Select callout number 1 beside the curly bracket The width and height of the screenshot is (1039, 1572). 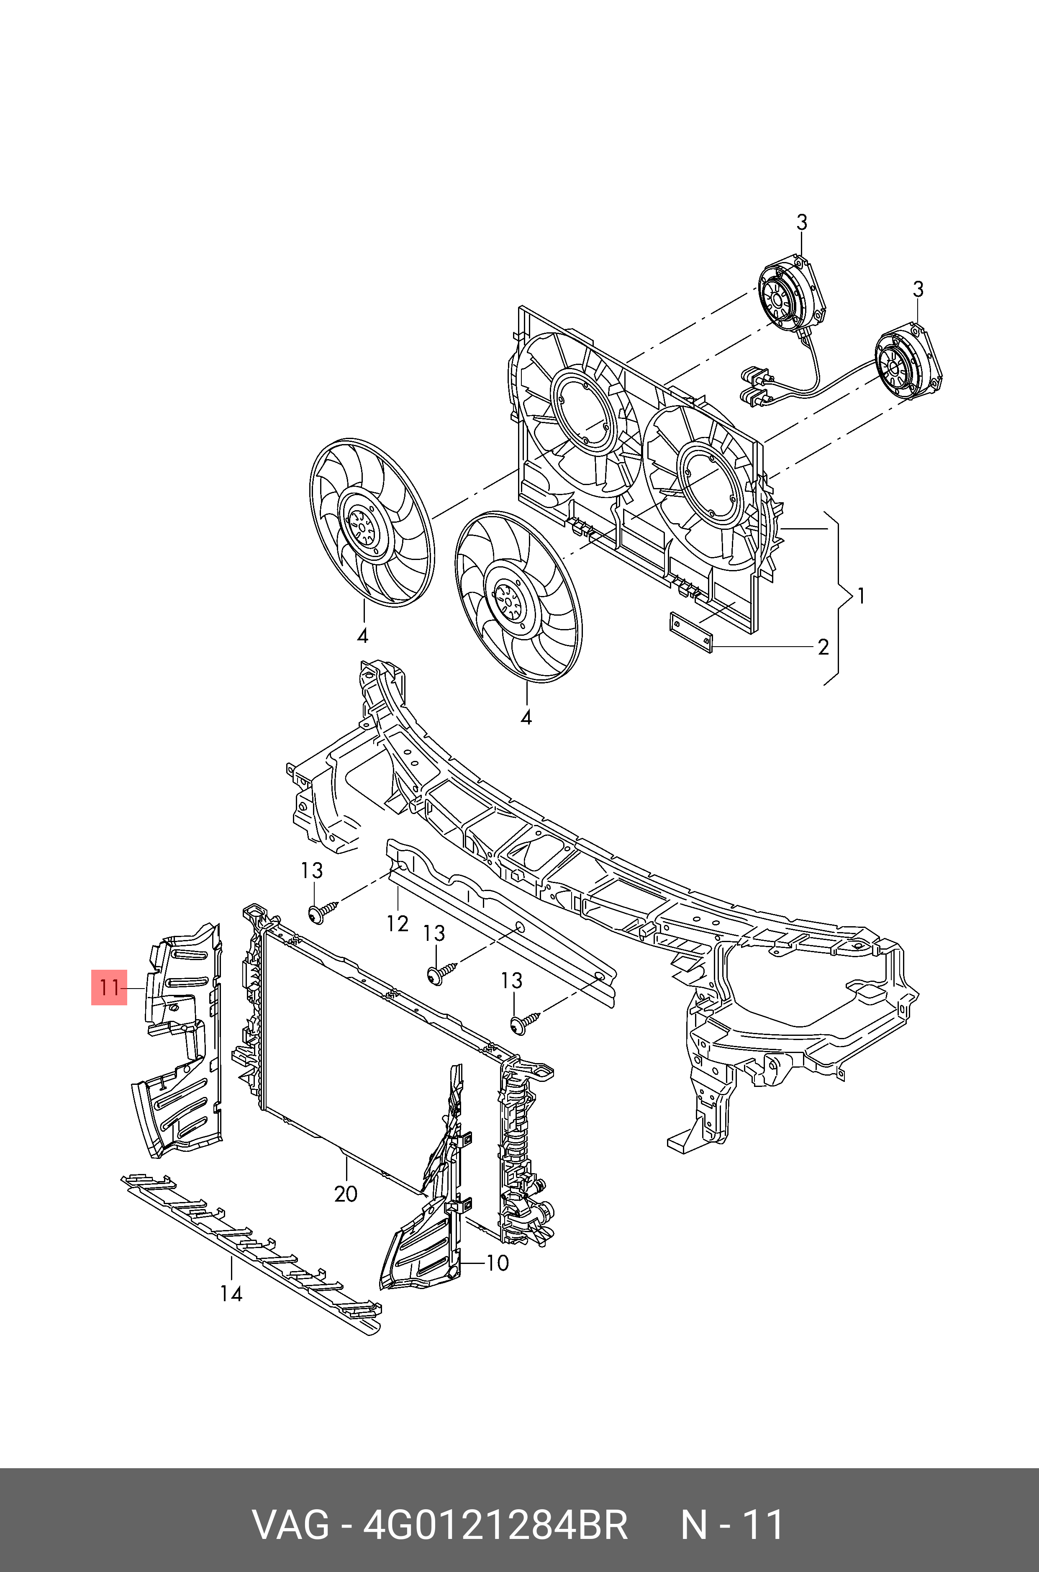click(x=860, y=596)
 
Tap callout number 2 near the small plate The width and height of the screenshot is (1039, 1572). click(x=823, y=646)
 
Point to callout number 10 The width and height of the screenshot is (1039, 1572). click(x=497, y=1263)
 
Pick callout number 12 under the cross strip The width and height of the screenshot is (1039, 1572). click(x=398, y=923)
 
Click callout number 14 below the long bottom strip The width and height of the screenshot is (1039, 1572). click(x=231, y=1293)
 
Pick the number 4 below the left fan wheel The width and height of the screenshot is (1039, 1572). click(x=362, y=636)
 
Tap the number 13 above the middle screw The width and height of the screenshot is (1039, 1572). click(x=434, y=933)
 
